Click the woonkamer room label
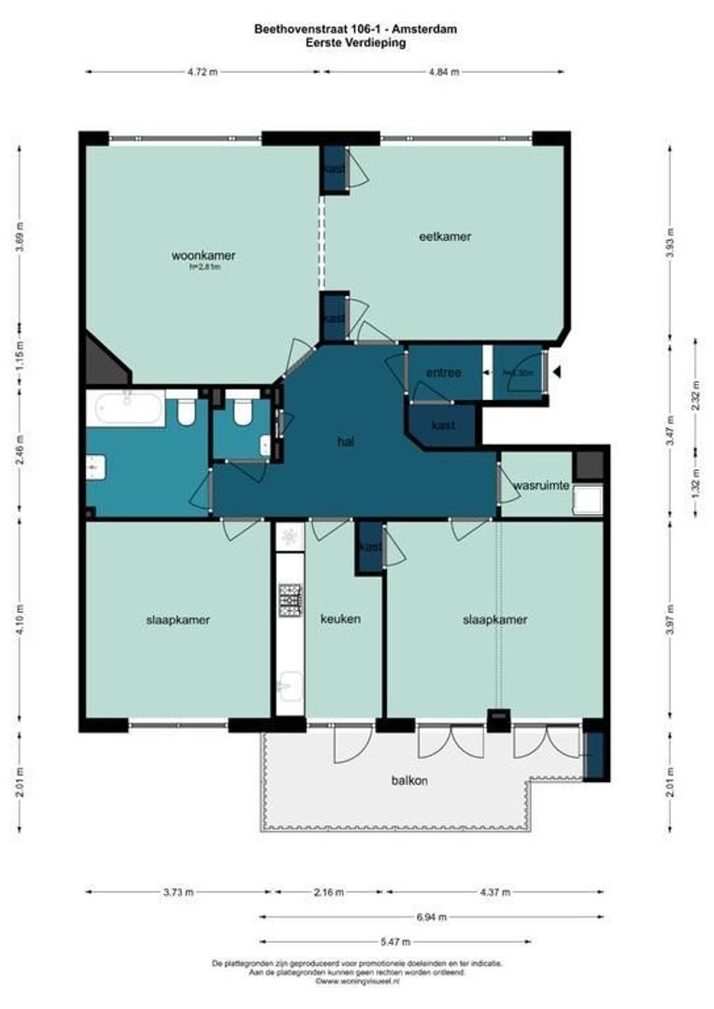click(203, 255)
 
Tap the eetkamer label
click(444, 236)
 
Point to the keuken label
click(340, 618)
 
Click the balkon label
click(409, 781)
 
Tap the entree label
click(443, 373)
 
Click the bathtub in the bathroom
click(125, 408)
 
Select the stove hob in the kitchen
click(290, 600)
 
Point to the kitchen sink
click(289, 682)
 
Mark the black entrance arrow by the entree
click(557, 373)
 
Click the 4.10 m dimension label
click(21, 618)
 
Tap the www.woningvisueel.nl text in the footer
click(358, 981)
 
